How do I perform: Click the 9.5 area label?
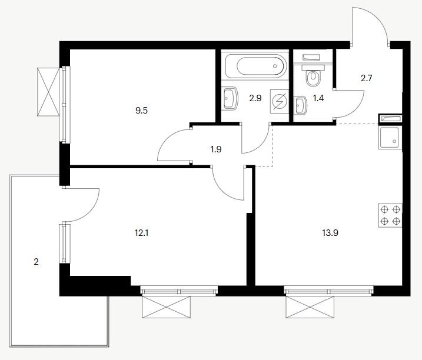(142, 111)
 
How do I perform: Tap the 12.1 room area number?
(142, 233)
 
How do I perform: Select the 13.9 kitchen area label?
(330, 233)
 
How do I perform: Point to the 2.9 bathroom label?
(255, 98)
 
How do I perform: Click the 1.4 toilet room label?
(318, 98)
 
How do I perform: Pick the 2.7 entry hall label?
(366, 78)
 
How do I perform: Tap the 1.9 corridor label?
(216, 149)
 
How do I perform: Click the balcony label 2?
(36, 262)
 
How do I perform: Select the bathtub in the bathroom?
(255, 66)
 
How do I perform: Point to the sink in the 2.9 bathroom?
(230, 98)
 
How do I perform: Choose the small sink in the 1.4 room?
(301, 105)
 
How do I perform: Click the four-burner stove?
(390, 215)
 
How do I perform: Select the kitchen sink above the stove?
(390, 138)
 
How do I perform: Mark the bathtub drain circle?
(275, 66)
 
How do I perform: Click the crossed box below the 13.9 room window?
(310, 307)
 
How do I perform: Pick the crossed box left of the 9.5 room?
(48, 92)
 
